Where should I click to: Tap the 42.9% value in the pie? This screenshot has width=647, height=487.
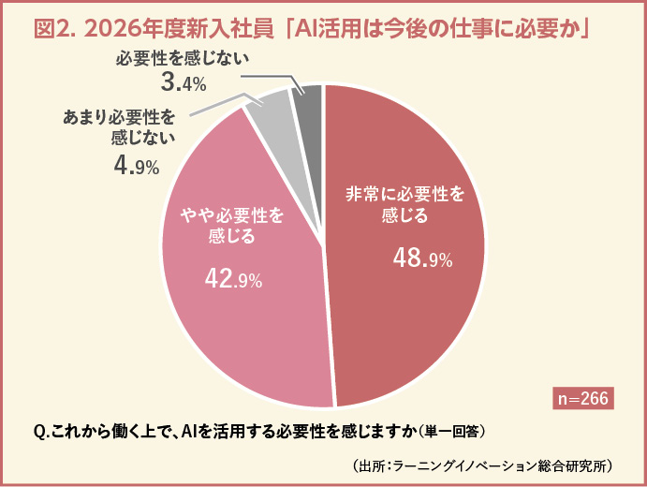pos(233,277)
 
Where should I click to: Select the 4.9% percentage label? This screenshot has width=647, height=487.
pos(136,167)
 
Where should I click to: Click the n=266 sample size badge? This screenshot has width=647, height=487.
pos(583,398)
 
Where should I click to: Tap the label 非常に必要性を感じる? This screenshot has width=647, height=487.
pos(404,206)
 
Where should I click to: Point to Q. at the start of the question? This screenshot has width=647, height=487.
pos(41,431)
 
